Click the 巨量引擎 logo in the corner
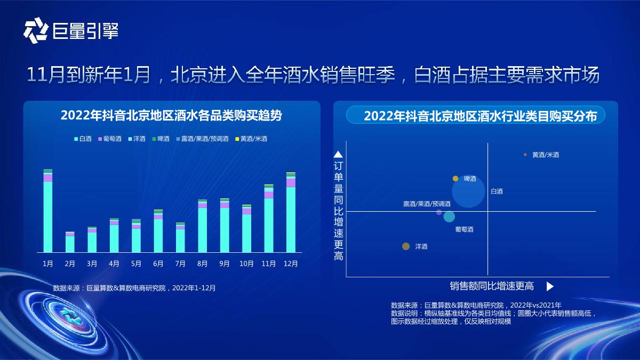coord(70,31)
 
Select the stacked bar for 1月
coord(48,211)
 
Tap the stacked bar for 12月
coord(291,212)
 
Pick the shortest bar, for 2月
coord(70,242)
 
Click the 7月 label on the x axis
coord(180,263)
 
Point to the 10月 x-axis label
coord(246,263)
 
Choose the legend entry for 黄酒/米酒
coord(251,139)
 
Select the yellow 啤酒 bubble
coord(455,179)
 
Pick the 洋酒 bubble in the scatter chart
coord(406,246)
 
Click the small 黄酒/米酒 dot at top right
coord(525,155)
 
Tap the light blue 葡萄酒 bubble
coord(450,217)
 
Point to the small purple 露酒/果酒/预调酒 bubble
coord(439,212)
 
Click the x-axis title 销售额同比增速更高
coord(491,286)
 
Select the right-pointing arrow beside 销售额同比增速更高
coord(550,286)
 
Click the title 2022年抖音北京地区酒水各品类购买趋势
coord(171,115)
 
